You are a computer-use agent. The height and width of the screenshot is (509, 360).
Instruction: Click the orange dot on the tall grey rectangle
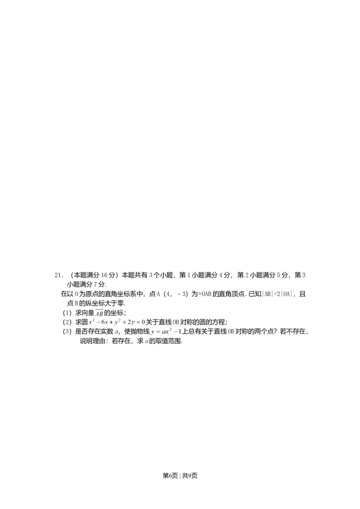pyautogui.click(x=236, y=276)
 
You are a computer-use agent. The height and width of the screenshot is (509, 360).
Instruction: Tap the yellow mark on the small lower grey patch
pyautogui.click(x=245, y=295)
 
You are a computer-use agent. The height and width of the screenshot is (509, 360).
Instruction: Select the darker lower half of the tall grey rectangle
pyautogui.click(x=235, y=279)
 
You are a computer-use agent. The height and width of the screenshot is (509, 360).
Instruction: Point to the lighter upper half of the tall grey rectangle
pyautogui.click(x=235, y=275)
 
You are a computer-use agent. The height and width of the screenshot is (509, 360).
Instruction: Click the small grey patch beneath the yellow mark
pyautogui.click(x=245, y=297)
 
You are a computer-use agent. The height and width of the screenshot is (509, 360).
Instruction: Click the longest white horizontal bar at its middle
pyautogui.click(x=117, y=318)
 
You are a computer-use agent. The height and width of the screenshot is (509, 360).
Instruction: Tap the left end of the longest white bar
pyautogui.click(x=87, y=318)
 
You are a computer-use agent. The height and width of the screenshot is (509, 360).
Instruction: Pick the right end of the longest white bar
pyautogui.click(x=147, y=318)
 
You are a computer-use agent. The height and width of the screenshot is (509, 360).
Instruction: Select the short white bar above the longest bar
pyautogui.click(x=99, y=308)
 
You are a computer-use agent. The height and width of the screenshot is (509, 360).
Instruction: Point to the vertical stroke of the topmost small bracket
pyautogui.click(x=94, y=311)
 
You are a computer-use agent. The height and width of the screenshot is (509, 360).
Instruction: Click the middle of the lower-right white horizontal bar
pyautogui.click(x=166, y=326)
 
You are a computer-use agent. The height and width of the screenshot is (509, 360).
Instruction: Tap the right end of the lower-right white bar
pyautogui.click(x=182, y=326)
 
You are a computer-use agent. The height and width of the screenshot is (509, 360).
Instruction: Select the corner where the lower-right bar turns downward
pyautogui.click(x=149, y=326)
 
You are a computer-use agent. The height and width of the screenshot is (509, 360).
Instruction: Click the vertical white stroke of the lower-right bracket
pyautogui.click(x=149, y=331)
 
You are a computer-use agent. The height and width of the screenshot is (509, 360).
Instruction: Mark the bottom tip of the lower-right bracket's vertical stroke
pyautogui.click(x=149, y=336)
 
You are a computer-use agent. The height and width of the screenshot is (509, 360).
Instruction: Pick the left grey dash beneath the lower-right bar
pyautogui.click(x=158, y=333)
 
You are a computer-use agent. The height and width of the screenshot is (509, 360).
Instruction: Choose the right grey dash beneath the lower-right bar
pyautogui.click(x=177, y=333)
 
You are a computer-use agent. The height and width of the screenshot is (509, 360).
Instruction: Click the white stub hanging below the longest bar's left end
pyautogui.click(x=88, y=323)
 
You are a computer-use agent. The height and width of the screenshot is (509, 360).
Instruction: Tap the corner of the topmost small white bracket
pyautogui.click(x=94, y=308)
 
